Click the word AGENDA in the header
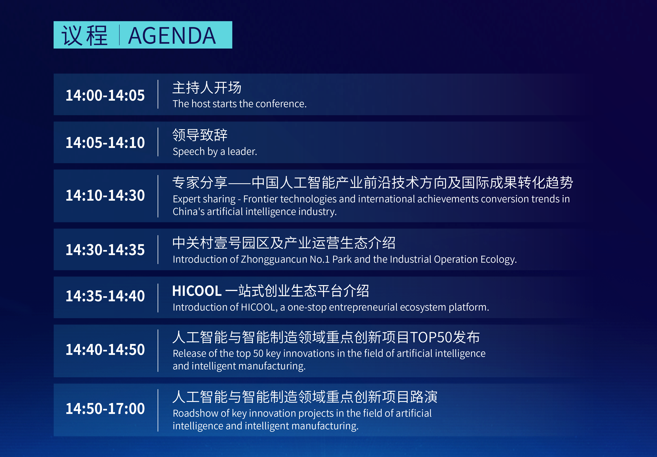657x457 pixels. tap(172, 36)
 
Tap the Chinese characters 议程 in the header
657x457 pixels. tap(85, 36)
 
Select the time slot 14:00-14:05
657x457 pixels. tap(105, 95)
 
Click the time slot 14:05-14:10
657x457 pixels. tap(105, 143)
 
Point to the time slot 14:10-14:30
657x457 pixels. tap(105, 195)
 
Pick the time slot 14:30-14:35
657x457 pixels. tap(105, 250)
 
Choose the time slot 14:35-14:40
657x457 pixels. tap(105, 296)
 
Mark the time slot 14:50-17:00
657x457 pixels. tap(105, 409)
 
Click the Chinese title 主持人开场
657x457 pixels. tap(207, 87)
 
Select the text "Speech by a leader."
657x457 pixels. tap(215, 151)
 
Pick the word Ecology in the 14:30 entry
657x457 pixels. tap(499, 259)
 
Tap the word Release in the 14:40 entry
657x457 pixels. tap(189, 353)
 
